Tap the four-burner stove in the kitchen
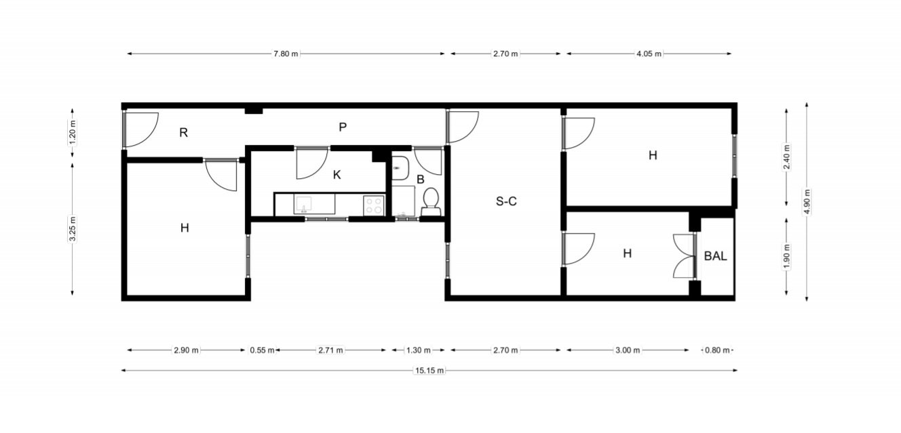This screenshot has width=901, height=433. [x=374, y=205]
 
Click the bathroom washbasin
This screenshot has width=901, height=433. [x=400, y=168]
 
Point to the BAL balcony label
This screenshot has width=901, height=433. [x=715, y=256]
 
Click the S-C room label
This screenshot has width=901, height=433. [x=506, y=201]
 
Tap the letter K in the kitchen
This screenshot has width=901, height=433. [x=337, y=175]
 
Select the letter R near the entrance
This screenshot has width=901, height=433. [x=183, y=133]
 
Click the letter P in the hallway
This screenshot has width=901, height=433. [x=343, y=127]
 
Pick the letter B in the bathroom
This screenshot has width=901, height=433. [x=421, y=180]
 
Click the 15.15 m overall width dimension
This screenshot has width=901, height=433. [x=429, y=371]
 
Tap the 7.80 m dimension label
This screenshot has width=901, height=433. [x=286, y=54]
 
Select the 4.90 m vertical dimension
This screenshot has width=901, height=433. [x=807, y=201]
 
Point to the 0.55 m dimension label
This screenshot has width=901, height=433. [x=263, y=350]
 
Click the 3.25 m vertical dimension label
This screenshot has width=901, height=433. [x=73, y=229]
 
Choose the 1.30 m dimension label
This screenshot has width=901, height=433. [x=419, y=350]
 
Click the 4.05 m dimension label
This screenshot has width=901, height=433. [x=649, y=54]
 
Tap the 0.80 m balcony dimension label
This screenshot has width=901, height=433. [x=717, y=350]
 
